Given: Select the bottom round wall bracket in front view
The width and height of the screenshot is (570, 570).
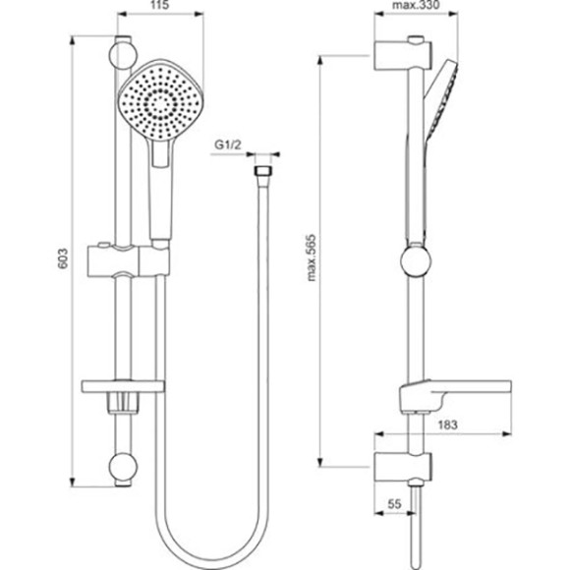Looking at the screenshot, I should [x=123, y=468].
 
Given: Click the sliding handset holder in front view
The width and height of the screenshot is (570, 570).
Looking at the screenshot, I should [x=130, y=259].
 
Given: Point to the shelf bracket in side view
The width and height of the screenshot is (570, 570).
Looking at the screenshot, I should [x=423, y=396].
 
